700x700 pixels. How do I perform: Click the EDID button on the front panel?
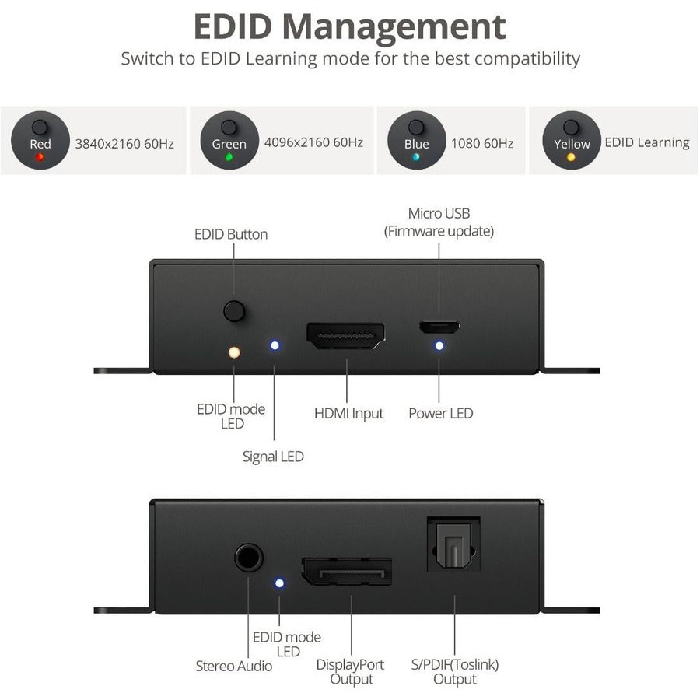pyautogui.click(x=234, y=311)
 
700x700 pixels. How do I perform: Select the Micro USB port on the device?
pyautogui.click(x=439, y=327)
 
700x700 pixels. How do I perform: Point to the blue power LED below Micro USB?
pyautogui.click(x=439, y=345)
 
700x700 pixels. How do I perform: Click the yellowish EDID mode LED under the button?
pyautogui.click(x=233, y=352)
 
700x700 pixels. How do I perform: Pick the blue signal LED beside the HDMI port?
pyautogui.click(x=275, y=345)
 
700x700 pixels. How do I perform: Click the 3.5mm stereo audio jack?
pyautogui.click(x=248, y=558)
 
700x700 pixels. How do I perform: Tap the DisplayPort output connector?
pyautogui.click(x=346, y=572)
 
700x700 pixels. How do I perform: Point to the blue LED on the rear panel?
pyautogui.click(x=279, y=583)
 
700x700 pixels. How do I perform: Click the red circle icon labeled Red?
pyautogui.click(x=40, y=140)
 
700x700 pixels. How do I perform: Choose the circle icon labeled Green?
pyautogui.click(x=229, y=140)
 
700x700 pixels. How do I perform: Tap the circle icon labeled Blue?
pyautogui.click(x=416, y=140)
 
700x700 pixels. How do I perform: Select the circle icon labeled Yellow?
pyautogui.click(x=572, y=140)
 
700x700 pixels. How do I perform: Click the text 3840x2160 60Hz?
pyautogui.click(x=124, y=143)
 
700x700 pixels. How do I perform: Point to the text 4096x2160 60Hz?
pyautogui.click(x=313, y=142)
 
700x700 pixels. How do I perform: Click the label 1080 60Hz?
pyautogui.click(x=482, y=143)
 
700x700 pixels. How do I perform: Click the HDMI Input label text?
pyautogui.click(x=348, y=413)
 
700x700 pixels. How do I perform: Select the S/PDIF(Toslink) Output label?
pyautogui.click(x=455, y=672)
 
